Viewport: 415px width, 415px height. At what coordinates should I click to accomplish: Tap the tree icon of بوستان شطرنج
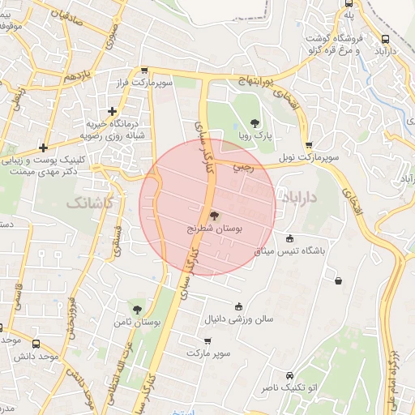click(214, 216)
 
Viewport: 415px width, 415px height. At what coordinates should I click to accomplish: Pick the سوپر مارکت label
click(208, 354)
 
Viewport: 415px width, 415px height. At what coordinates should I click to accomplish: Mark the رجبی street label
click(243, 168)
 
